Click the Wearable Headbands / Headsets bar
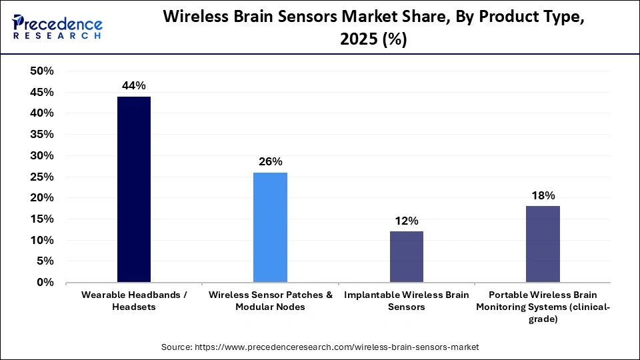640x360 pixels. [x=134, y=189]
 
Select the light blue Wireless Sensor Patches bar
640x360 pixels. [x=270, y=227]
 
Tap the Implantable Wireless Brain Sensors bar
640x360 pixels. [x=406, y=257]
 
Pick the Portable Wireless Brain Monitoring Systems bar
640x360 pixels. [x=543, y=244]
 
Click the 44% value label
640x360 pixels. [x=134, y=85]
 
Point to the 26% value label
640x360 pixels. [x=270, y=161]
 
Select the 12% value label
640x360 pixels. [x=406, y=221]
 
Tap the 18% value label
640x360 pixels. [x=543, y=195]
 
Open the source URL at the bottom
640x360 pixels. [x=320, y=347]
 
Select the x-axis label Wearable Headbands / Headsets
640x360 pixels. [x=134, y=301]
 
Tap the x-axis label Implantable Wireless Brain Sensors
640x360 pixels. [x=406, y=301]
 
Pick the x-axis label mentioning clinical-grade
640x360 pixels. [x=543, y=307]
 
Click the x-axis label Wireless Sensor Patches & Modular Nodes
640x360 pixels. [x=270, y=301]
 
